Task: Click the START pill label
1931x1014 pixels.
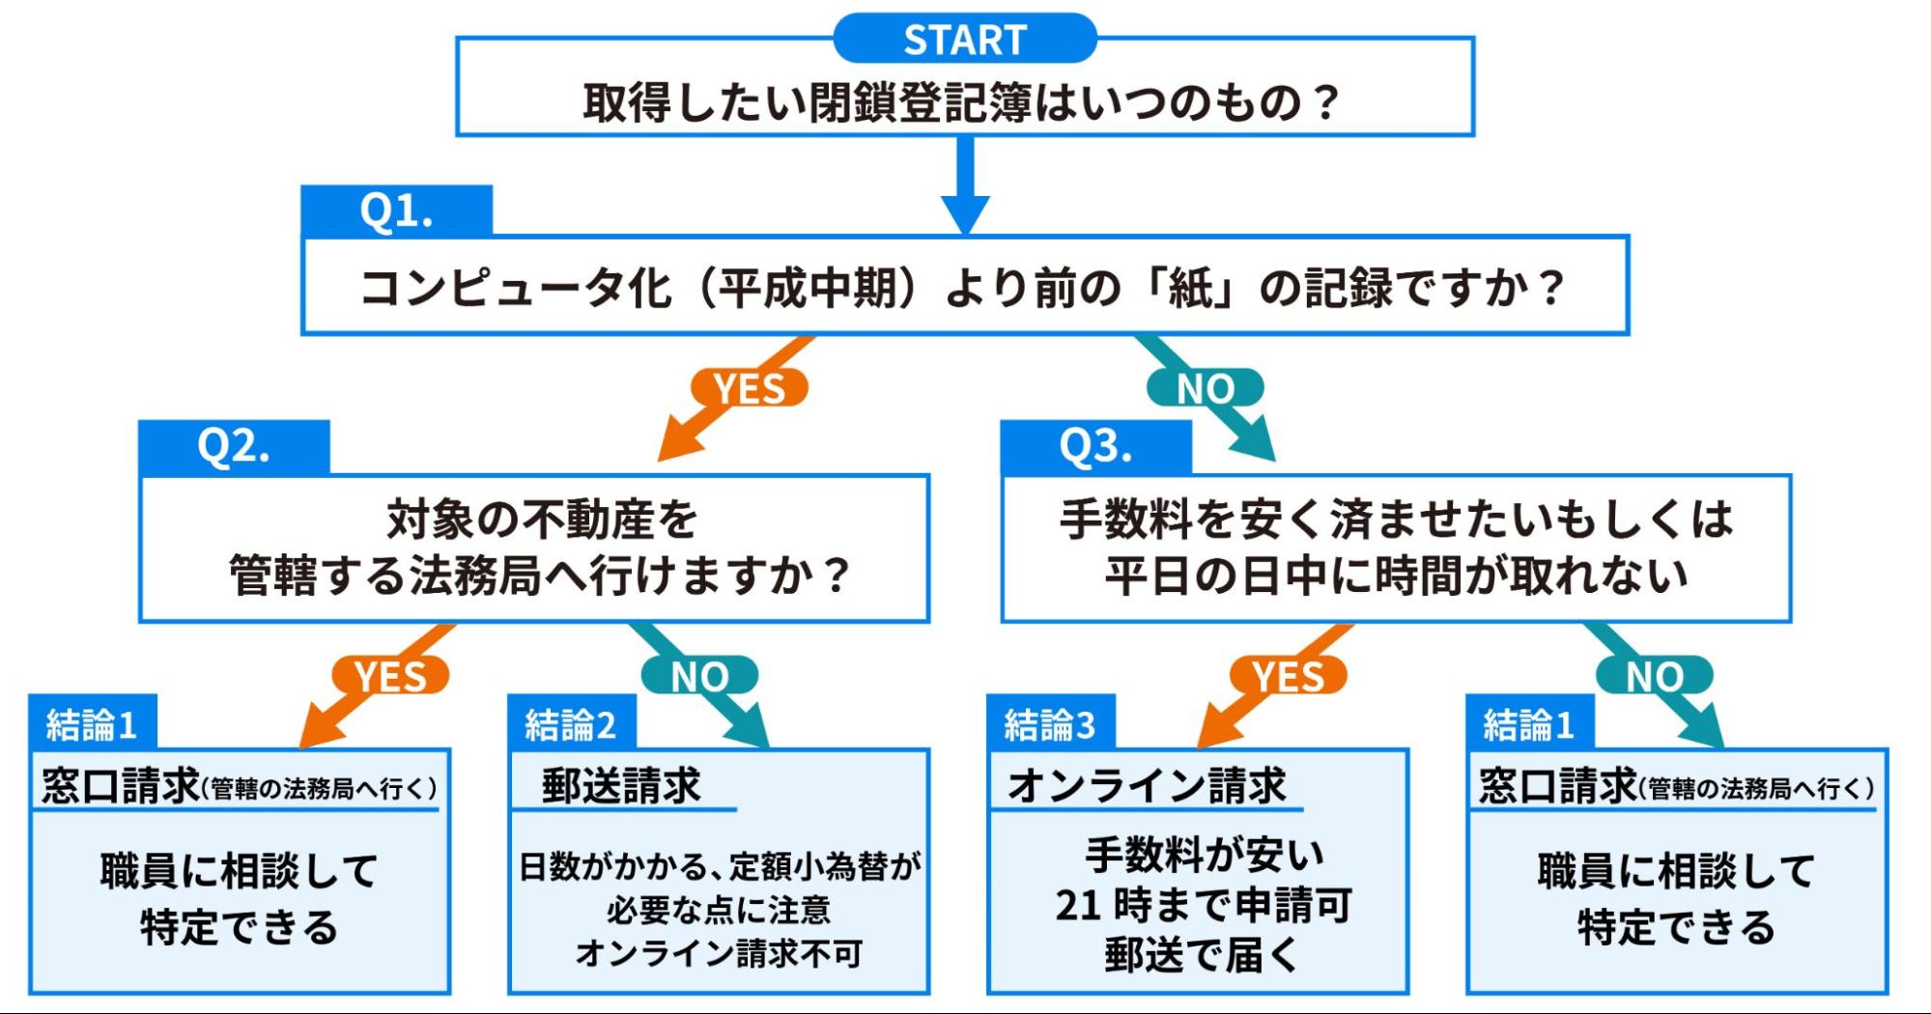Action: pos(964,40)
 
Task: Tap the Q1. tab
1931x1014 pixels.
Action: pos(396,211)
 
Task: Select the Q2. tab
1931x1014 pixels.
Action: pos(234,446)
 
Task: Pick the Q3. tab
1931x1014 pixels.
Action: pos(1095,446)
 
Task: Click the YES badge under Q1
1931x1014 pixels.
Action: pos(750,388)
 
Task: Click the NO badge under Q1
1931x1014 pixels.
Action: pos(1205,388)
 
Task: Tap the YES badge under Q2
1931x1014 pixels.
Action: pos(390,676)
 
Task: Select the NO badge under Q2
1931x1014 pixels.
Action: pos(700,676)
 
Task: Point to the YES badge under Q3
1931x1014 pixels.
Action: pos(1288,676)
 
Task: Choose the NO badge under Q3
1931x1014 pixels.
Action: pos(1654,676)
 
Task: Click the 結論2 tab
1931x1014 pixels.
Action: pos(571,724)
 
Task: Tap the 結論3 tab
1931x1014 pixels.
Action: pos(1050,724)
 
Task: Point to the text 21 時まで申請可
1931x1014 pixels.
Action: pos(1203,905)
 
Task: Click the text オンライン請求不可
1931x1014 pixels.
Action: pos(719,954)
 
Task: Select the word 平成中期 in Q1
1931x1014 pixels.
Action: pos(808,288)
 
